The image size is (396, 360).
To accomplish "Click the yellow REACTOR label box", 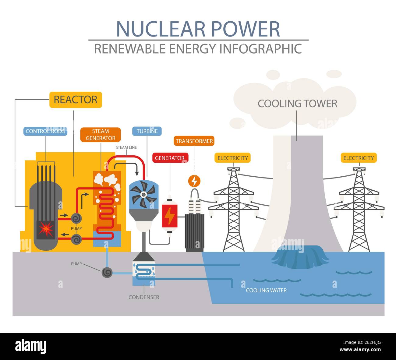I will coord(76,100).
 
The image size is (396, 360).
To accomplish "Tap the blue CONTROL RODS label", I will coord(45,131).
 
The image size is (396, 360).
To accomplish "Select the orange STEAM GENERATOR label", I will coord(101,135).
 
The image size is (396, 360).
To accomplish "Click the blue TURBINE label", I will coord(147,131).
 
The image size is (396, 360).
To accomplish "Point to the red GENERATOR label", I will coord(170,158).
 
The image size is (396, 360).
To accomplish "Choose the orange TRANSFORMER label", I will coord(194,141).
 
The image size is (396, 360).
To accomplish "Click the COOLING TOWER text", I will coord(297,104).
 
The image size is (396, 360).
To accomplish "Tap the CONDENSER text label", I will coord(144,297).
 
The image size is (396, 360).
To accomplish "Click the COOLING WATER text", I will coord(266,290).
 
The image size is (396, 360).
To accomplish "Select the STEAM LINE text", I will coord(126,147).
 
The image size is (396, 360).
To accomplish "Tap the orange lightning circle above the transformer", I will coord(194,181).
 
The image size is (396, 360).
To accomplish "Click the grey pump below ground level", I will coord(107,272).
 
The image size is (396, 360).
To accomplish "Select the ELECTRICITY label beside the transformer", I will coord(233,158).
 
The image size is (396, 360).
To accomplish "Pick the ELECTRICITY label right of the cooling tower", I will coord(359,158).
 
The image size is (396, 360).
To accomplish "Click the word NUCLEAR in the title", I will coord(161,29).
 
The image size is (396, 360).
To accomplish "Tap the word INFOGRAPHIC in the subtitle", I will coord(261,49).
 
